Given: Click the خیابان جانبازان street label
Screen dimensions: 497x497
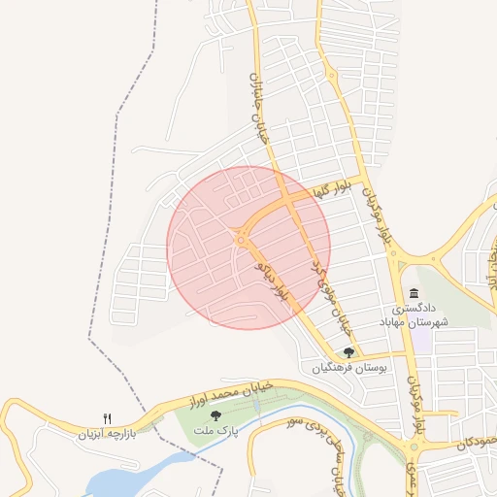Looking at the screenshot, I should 258,108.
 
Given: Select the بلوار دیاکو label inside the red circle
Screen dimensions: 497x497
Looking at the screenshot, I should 272,281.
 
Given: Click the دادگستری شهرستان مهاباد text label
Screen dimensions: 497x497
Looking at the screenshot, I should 414,315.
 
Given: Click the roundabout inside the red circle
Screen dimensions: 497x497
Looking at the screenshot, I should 239,236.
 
